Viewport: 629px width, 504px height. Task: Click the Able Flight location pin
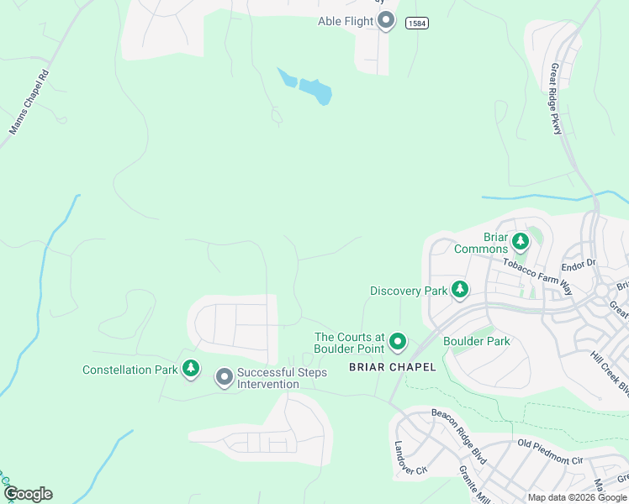386,20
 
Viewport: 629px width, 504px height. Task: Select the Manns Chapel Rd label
29,108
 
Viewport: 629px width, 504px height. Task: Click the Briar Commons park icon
521,242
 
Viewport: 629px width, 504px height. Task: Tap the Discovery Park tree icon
460,290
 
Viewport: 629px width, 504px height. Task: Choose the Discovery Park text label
409,291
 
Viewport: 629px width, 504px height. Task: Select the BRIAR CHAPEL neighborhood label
393,366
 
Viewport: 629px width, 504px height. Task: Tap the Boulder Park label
477,341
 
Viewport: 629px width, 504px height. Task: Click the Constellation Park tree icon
192,368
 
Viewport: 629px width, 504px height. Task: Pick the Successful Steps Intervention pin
224,377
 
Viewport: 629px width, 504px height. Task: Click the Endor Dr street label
579,263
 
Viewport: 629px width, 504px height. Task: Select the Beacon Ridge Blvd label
459,425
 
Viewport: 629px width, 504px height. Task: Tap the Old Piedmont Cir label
550,453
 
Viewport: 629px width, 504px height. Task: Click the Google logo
28,494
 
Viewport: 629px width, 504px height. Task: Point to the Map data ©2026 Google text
576,497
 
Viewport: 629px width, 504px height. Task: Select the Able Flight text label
346,21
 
